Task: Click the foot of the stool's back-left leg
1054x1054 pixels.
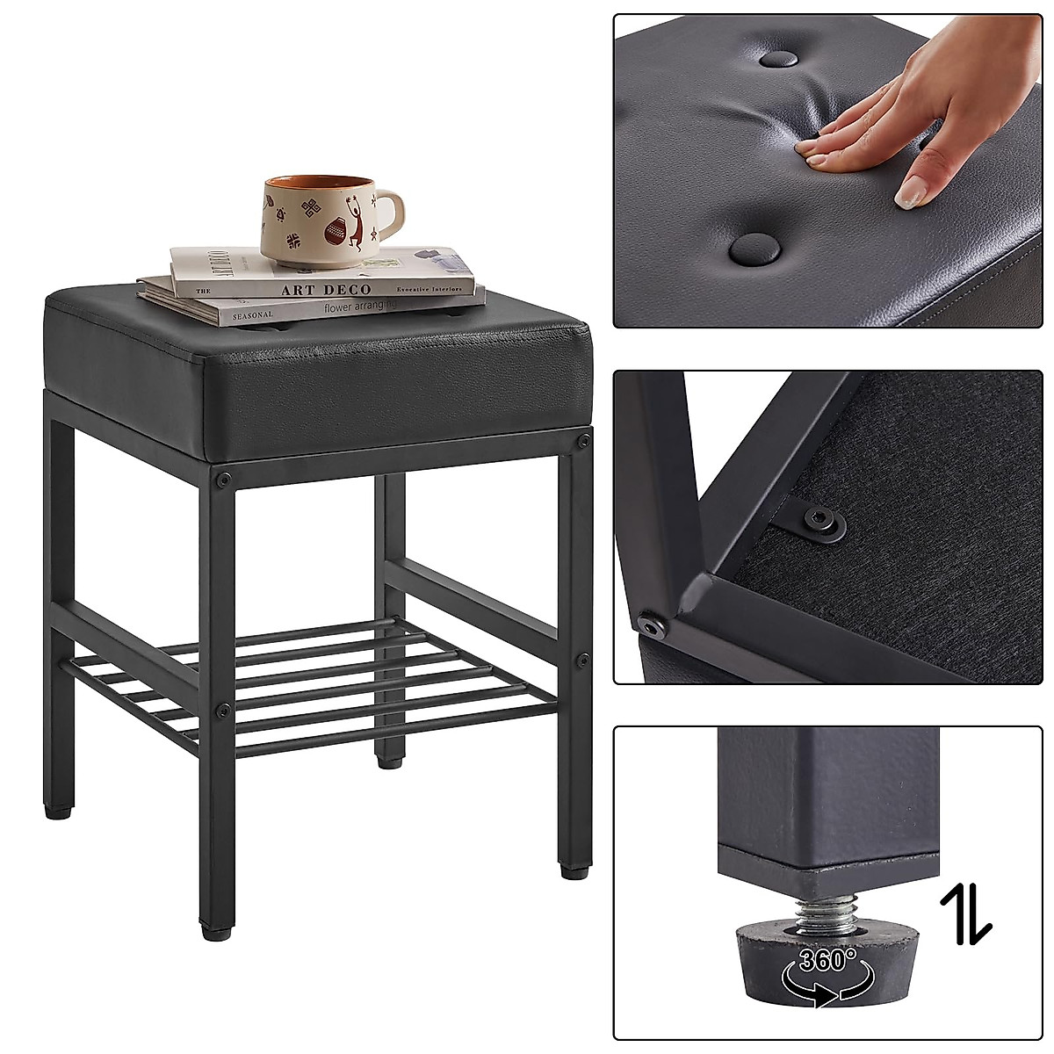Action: tap(57, 811)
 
